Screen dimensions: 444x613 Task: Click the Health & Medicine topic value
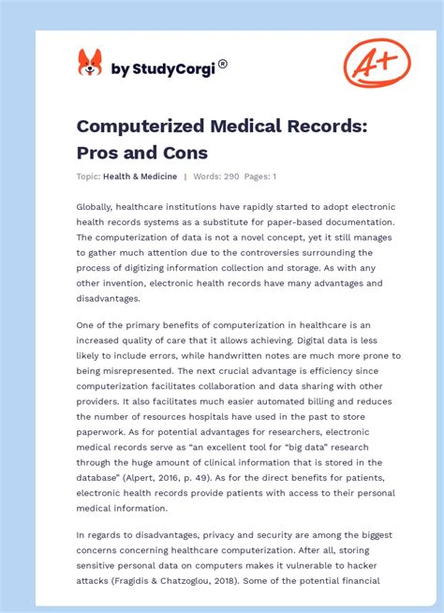click(x=141, y=176)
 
